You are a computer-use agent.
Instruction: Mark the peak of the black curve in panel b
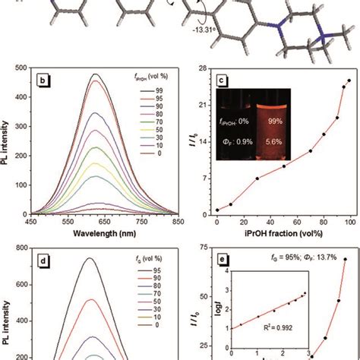tap(95, 74)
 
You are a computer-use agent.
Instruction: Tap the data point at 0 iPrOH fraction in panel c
tap(217, 210)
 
